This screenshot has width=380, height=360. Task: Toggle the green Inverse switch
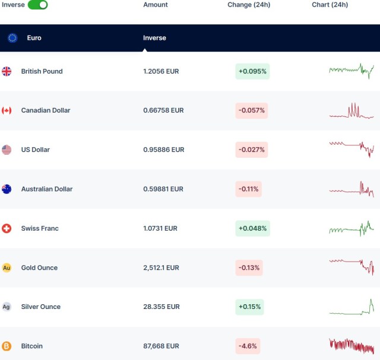[38, 5]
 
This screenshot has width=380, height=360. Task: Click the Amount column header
[156, 5]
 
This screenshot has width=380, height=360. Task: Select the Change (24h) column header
[249, 5]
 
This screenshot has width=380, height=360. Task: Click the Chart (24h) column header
[330, 5]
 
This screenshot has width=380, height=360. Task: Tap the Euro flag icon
[12, 38]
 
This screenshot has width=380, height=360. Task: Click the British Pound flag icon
[7, 71]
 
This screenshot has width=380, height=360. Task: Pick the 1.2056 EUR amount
[161, 71]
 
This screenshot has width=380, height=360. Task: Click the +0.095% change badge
[252, 71]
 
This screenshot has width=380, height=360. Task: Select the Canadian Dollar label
[46, 110]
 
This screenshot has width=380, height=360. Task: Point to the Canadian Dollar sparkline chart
[351, 111]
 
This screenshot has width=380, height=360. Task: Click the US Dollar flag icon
[7, 150]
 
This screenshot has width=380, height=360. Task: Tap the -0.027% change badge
[252, 149]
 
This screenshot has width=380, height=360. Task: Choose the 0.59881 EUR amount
[163, 189]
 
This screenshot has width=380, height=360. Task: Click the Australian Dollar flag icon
[7, 189]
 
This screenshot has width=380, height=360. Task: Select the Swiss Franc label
[40, 228]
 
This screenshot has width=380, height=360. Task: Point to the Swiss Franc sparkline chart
[351, 228]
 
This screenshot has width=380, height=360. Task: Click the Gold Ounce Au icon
[7, 268]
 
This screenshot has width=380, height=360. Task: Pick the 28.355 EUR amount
[161, 307]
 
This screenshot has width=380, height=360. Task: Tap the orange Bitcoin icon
[7, 346]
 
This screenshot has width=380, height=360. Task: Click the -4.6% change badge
[248, 346]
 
